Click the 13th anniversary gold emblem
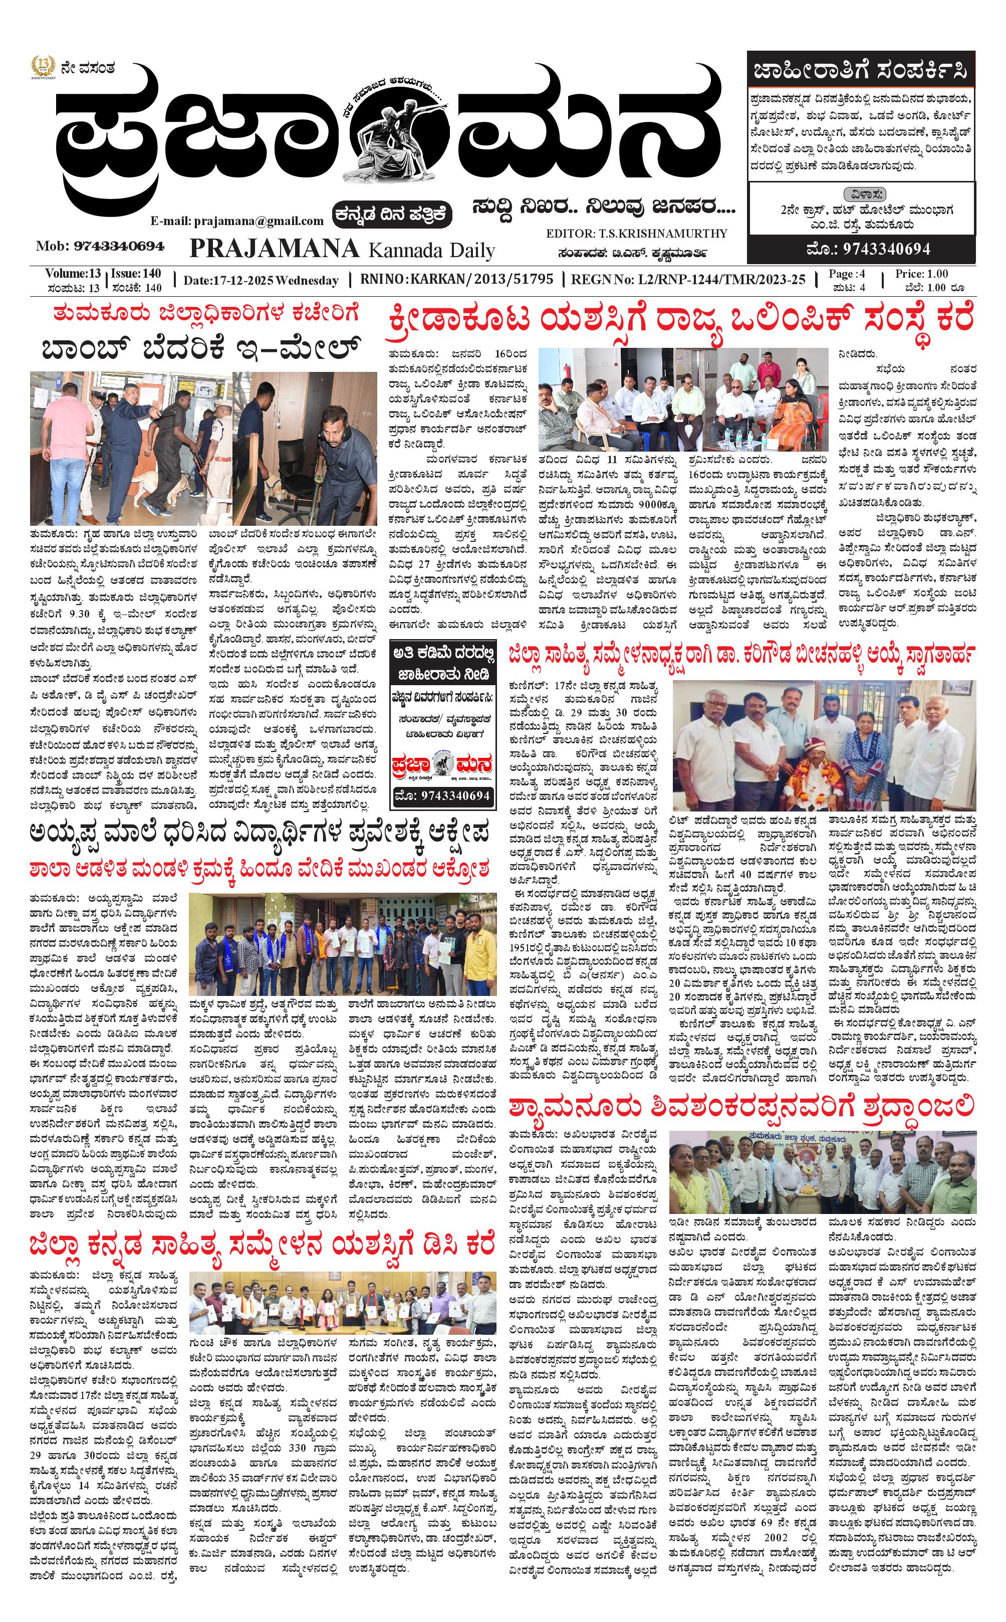(43, 67)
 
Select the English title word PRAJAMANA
(274, 248)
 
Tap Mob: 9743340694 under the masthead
(100, 246)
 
